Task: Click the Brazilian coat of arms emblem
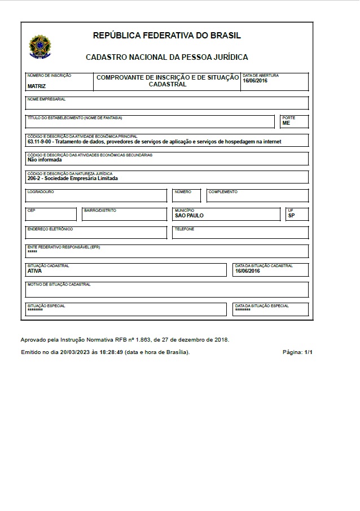[x=39, y=47]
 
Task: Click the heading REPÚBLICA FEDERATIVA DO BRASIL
[x=166, y=36]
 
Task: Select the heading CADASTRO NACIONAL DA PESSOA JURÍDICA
[x=166, y=57]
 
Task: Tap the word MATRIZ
[x=37, y=86]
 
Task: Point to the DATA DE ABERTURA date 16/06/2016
[x=255, y=81]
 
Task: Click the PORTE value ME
[x=286, y=123]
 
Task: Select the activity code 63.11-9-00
[x=39, y=142]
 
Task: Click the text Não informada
[x=45, y=160]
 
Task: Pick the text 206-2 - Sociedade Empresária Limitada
[x=72, y=178]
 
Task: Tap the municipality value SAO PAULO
[x=189, y=216]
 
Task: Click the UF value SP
[x=291, y=216]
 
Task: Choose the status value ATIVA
[x=34, y=270]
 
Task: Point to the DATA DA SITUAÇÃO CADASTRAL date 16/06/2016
[x=247, y=270]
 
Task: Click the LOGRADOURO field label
[x=41, y=192]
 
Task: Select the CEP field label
[x=31, y=211]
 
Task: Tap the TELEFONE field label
[x=185, y=229]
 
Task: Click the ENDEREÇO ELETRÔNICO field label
[x=50, y=229]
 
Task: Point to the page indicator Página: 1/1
[x=297, y=352]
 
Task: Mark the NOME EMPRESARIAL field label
[x=47, y=99]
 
